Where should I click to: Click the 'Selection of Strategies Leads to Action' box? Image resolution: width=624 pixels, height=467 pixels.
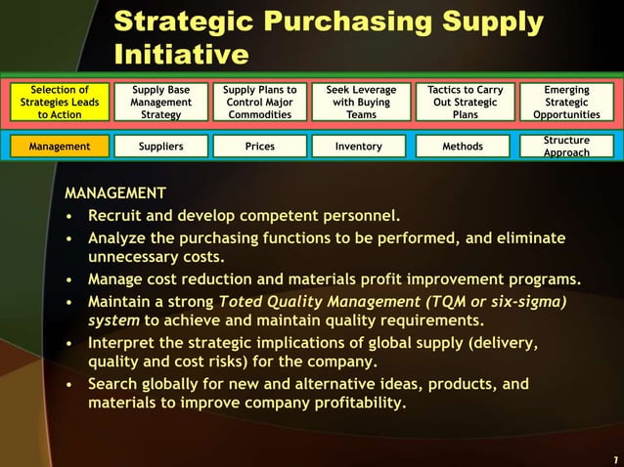[61, 102]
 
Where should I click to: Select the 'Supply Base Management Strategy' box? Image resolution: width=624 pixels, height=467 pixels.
[160, 102]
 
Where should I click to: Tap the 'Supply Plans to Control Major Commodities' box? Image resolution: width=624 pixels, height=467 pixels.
[260, 102]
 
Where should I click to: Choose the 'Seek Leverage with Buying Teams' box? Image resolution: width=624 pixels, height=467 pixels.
[361, 102]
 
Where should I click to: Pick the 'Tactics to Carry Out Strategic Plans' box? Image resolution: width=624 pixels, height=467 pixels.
[465, 102]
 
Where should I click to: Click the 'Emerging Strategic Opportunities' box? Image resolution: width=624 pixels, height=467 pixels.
[567, 102]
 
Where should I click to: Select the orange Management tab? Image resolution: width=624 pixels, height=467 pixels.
[61, 147]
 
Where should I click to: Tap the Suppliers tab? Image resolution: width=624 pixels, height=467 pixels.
[160, 147]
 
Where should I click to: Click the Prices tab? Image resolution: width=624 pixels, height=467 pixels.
[260, 147]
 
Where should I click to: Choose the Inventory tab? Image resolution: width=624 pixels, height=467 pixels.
[361, 147]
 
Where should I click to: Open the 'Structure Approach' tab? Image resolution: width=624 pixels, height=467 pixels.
[567, 147]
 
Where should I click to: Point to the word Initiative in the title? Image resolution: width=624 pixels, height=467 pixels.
[181, 55]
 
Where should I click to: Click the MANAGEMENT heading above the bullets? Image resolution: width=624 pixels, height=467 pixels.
[114, 192]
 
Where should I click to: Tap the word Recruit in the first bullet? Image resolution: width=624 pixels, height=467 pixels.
[117, 214]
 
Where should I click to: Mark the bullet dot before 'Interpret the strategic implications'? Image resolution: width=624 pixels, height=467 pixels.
[69, 343]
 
